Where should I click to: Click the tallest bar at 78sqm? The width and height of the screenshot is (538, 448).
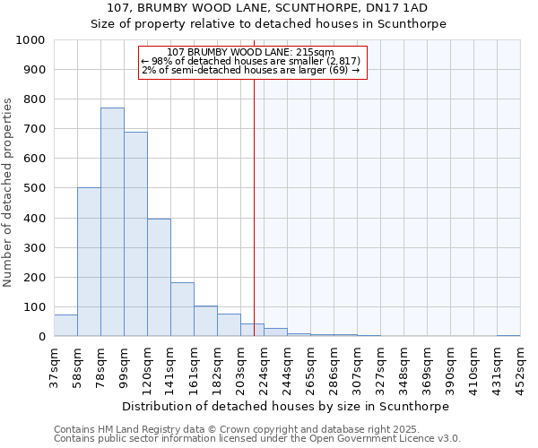[112, 222]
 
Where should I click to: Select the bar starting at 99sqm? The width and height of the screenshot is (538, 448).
[135, 234]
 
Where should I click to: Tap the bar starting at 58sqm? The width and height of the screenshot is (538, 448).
[89, 262]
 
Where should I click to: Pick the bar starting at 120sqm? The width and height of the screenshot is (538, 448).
[159, 278]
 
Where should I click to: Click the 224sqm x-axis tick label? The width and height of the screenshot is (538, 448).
[264, 367]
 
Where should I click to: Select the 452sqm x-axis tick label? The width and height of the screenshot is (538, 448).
[520, 367]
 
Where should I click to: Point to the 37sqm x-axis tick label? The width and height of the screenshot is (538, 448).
[54, 367]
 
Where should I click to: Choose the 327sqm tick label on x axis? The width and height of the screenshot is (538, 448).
[380, 367]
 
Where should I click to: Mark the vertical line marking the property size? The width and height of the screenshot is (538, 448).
[254, 197]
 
